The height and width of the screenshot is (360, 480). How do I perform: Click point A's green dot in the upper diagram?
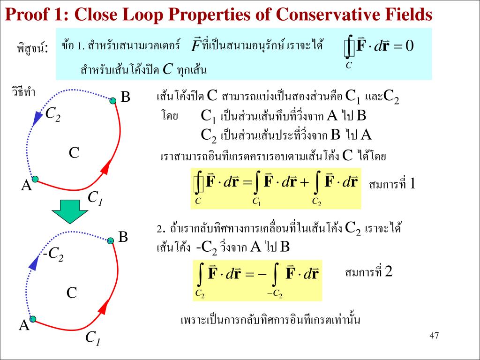[x=34, y=179]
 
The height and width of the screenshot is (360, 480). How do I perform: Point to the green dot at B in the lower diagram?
[x=111, y=240]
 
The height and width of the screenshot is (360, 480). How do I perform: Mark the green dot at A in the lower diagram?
[x=33, y=319]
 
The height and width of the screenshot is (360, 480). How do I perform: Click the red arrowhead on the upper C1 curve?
[x=106, y=166]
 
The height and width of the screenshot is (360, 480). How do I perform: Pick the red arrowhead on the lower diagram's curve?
[x=105, y=307]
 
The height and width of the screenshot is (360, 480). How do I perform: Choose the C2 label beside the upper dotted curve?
[x=52, y=114]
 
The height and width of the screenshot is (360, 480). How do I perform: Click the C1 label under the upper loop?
[x=96, y=198]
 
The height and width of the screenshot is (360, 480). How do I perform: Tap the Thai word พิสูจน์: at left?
[x=32, y=48]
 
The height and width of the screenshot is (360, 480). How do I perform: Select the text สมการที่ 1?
[x=392, y=184]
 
